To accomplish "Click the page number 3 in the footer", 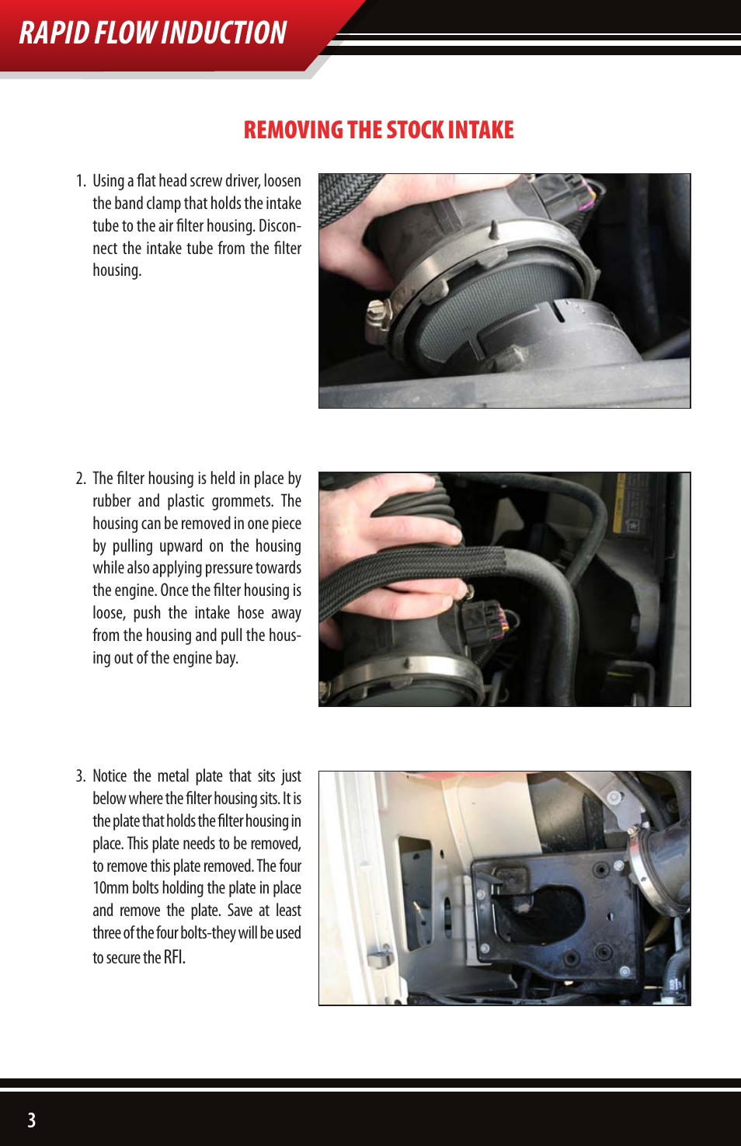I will (31, 1120).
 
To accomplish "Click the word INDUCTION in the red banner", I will (224, 33).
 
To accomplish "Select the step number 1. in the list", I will (81, 181).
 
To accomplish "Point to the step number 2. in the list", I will (81, 479).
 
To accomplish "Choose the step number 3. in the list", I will (81, 776).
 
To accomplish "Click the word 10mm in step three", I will (109, 888).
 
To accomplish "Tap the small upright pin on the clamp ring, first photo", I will (494, 229).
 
